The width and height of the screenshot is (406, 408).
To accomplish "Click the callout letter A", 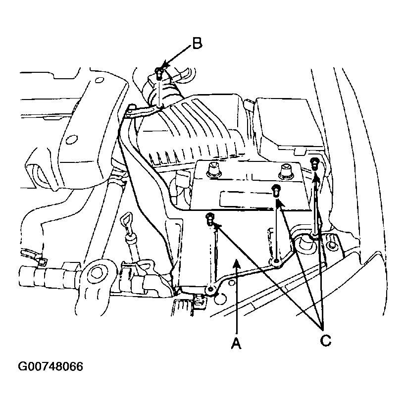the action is pyautogui.click(x=236, y=343).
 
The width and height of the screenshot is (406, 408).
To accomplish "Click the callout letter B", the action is pyautogui.click(x=197, y=43).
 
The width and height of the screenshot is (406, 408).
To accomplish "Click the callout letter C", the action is pyautogui.click(x=325, y=340).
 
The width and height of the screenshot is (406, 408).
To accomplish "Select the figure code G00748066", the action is pyautogui.click(x=51, y=366).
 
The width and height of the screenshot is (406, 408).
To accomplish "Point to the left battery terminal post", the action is pyautogui.click(x=213, y=170).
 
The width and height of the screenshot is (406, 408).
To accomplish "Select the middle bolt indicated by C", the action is pyautogui.click(x=276, y=191).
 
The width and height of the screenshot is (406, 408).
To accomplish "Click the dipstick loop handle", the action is pyautogui.click(x=126, y=221).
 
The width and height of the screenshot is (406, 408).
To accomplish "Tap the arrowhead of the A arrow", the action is pyautogui.click(x=236, y=263).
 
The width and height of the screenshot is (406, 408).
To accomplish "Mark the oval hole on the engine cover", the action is pyautogui.click(x=72, y=140).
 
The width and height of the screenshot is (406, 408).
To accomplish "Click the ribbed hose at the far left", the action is pyautogui.click(x=50, y=277).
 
